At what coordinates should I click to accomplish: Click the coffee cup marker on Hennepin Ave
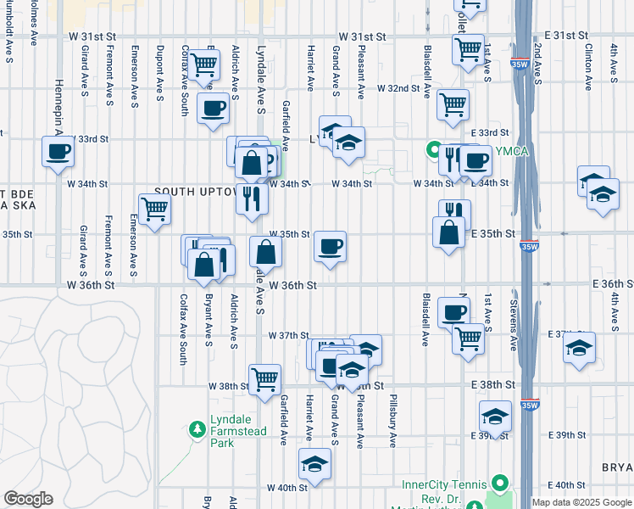click(58, 153)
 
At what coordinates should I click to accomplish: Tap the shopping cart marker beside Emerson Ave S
click(154, 209)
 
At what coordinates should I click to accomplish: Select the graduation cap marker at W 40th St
click(314, 464)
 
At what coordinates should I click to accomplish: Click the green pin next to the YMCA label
click(434, 153)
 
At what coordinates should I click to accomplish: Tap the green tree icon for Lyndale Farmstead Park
click(198, 430)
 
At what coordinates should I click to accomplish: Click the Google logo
click(28, 499)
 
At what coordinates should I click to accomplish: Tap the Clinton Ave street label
click(587, 69)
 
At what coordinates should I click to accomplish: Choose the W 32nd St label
click(399, 87)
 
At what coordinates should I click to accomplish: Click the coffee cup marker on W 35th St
click(330, 247)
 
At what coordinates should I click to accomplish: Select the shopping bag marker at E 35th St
click(448, 232)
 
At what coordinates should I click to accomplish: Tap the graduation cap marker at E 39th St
click(495, 417)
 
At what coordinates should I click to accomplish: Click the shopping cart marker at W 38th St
click(264, 378)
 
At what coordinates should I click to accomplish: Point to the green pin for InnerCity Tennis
click(500, 483)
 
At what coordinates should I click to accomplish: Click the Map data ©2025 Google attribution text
click(581, 502)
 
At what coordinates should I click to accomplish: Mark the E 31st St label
click(566, 34)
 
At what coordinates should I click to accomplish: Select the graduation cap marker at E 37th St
click(579, 348)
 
